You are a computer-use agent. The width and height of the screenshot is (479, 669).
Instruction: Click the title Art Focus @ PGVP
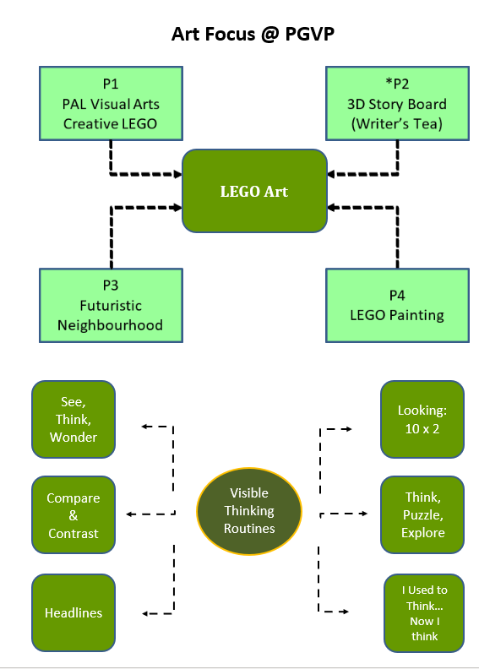pos(253,34)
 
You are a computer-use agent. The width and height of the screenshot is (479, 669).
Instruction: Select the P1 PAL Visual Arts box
pos(111,104)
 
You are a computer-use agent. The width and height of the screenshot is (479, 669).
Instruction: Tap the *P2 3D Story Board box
pos(397,104)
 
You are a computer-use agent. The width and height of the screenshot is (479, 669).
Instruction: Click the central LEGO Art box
pos(254,191)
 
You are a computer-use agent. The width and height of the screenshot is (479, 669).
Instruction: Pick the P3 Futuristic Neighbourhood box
pos(111,306)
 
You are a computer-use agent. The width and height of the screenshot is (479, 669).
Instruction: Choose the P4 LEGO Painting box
pos(397,306)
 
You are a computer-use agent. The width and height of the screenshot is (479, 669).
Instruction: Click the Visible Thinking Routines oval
pos(249,511)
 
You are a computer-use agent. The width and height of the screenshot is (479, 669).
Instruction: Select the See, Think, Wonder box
pos(73,420)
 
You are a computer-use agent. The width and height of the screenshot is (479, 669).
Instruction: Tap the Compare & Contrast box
pos(73,515)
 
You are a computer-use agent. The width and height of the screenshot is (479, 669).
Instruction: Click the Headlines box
pos(73,612)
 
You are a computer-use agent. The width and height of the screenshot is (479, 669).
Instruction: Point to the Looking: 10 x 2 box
pos(422,420)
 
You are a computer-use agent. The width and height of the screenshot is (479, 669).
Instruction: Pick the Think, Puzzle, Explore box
pos(422,515)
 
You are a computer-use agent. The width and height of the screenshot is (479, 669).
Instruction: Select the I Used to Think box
pos(424,613)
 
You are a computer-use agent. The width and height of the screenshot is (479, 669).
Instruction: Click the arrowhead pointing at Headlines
pos(145,613)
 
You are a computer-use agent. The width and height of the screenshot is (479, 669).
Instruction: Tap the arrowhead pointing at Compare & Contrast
pos(129,514)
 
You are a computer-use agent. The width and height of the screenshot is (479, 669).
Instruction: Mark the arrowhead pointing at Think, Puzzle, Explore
pos(364,514)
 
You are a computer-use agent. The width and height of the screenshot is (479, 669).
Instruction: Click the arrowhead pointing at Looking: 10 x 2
pos(349,429)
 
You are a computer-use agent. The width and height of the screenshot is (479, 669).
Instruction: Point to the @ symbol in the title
pos(269,35)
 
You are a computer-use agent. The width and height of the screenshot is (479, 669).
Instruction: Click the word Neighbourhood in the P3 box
pos(110,325)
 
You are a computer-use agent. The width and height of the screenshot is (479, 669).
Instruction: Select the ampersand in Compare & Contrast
pos(73,515)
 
